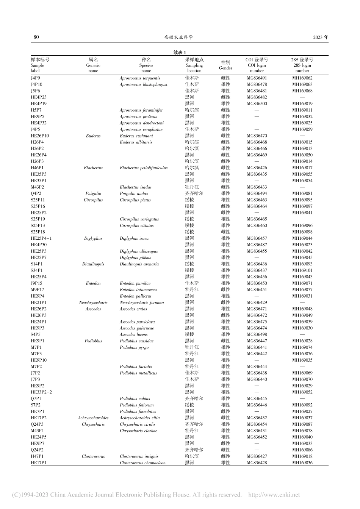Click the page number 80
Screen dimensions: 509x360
(36, 37)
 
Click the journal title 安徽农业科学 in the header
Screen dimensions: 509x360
(179, 37)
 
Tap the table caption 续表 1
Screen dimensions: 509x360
(180, 53)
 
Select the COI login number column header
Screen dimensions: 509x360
(257, 65)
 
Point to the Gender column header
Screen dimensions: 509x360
(225, 65)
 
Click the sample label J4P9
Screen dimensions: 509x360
(36, 78)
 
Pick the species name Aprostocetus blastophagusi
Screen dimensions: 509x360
(143, 84)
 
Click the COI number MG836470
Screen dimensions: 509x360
(257, 136)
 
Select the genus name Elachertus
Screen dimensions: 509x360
(93, 168)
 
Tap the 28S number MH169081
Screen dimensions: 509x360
(302, 194)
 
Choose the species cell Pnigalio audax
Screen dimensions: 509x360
(134, 194)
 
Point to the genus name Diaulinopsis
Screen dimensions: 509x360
(93, 264)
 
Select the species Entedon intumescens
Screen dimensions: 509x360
(138, 290)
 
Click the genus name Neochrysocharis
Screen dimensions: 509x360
(93, 303)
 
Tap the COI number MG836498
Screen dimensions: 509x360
(257, 334)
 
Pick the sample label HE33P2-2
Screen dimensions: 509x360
(41, 392)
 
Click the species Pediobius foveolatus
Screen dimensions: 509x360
(138, 411)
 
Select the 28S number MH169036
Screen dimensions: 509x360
(302, 463)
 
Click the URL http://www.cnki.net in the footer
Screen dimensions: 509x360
(274, 495)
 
